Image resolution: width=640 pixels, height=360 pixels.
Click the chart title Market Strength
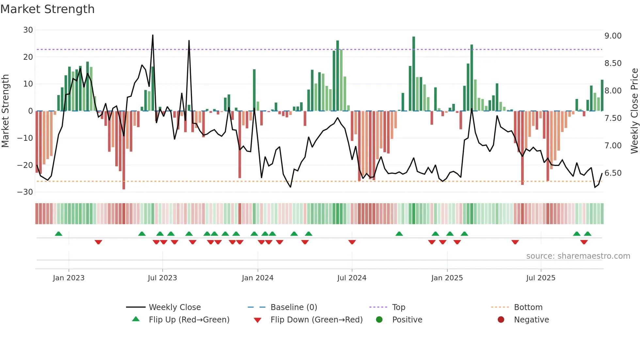[x=47, y=9]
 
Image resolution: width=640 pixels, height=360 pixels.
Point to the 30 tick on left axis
[x=28, y=30]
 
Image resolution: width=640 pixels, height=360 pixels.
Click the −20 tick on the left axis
[x=25, y=165]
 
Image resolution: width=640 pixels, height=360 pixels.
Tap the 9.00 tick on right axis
[x=613, y=36]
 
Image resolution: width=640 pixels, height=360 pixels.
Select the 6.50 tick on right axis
[x=613, y=173]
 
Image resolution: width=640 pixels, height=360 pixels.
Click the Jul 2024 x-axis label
[x=352, y=278]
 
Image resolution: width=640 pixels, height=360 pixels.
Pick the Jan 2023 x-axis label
[x=69, y=278]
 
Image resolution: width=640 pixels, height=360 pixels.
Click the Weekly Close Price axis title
[x=634, y=111]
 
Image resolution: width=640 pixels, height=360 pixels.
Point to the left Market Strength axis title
[x=5, y=111]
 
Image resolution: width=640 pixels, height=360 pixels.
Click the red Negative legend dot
[x=501, y=319]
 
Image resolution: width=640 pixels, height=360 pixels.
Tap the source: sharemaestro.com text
[x=578, y=256]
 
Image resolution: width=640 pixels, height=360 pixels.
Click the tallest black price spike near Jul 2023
[x=152, y=36]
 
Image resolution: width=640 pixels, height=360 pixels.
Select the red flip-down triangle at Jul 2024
[x=352, y=242]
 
